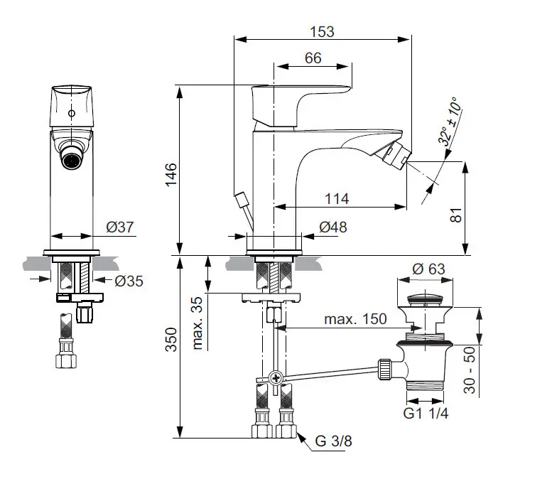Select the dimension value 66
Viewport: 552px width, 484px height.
[x=313, y=58]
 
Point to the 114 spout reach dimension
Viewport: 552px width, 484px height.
[x=337, y=199]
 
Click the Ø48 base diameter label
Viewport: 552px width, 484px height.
[x=332, y=227]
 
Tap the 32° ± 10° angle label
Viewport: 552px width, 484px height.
[x=449, y=122]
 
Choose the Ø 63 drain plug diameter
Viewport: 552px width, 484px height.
[x=429, y=269]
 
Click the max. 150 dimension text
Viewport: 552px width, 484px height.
[x=356, y=319]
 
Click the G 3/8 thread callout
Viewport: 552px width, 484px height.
[x=332, y=441]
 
